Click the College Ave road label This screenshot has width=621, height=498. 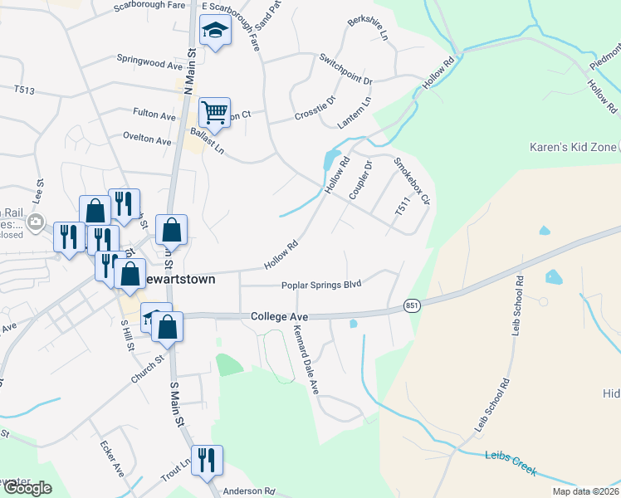279,317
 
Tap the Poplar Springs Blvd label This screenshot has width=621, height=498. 321,285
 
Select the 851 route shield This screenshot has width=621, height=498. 412,306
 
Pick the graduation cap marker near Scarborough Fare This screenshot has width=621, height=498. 216,32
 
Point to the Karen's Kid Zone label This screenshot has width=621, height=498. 574,147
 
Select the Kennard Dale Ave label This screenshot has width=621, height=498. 306,359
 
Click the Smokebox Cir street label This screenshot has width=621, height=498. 413,181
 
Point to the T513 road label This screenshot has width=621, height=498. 24,90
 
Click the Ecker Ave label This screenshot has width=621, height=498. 112,457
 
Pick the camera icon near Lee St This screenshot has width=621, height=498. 35,221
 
